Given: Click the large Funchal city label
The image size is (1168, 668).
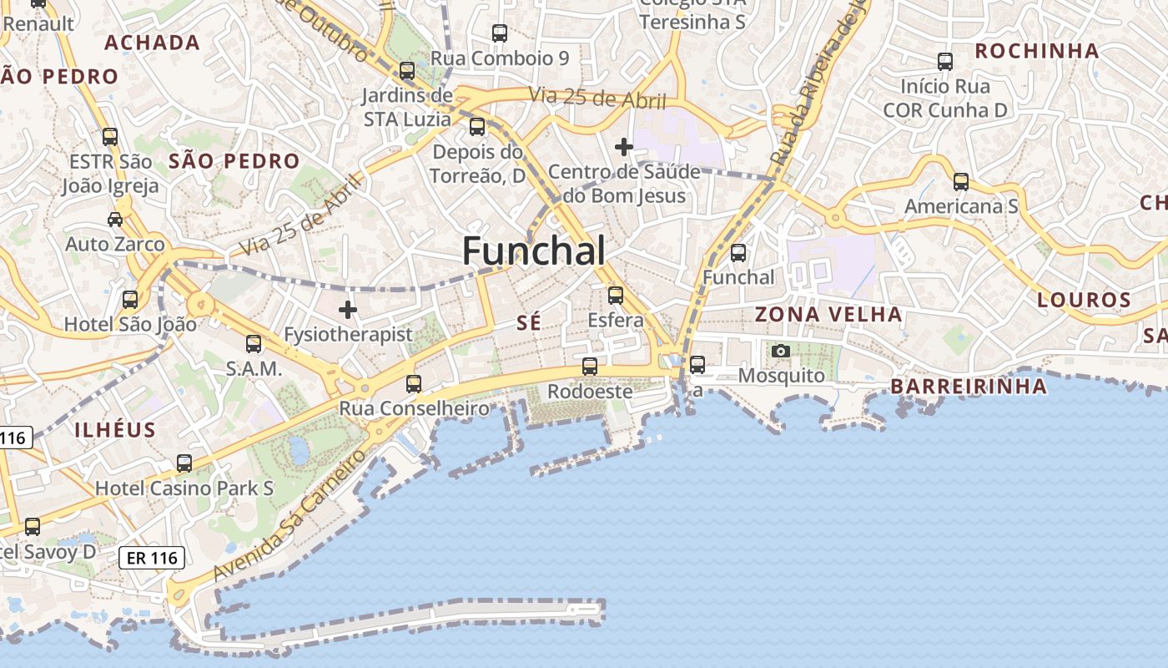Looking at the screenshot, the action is click(x=534, y=250).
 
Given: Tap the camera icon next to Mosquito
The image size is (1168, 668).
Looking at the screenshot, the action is click(x=781, y=351).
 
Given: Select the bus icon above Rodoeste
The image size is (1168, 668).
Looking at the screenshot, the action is click(x=590, y=366).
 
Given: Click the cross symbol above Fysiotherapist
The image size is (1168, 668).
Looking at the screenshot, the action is click(x=348, y=310).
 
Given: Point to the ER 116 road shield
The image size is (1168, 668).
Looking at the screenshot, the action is click(x=151, y=558).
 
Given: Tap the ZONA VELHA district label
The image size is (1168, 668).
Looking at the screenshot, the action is click(x=828, y=315).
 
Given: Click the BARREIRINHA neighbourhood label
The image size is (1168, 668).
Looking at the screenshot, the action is click(x=968, y=387).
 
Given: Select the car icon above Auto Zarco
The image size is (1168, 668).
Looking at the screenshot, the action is click(x=115, y=220).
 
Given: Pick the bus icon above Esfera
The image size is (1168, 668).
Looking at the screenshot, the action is click(x=616, y=295).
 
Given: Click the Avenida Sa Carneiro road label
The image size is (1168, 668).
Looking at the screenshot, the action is click(x=289, y=515).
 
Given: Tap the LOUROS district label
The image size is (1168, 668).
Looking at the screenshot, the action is click(x=1084, y=300).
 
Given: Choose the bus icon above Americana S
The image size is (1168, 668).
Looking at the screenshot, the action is click(x=961, y=181).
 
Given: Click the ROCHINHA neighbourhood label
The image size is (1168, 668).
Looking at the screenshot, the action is click(x=1037, y=51).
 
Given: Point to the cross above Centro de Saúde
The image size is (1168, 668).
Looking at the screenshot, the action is click(x=624, y=147).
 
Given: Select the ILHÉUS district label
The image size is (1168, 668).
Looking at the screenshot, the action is click(x=115, y=430).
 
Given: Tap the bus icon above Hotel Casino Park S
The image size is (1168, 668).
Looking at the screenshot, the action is click(x=184, y=463).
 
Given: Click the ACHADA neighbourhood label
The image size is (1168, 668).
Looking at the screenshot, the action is click(x=152, y=43).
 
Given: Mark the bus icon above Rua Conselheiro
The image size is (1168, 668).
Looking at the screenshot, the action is click(x=414, y=383).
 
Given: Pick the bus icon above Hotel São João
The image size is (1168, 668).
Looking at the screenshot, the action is click(x=130, y=299).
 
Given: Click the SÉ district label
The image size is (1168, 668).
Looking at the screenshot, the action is click(x=529, y=323).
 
